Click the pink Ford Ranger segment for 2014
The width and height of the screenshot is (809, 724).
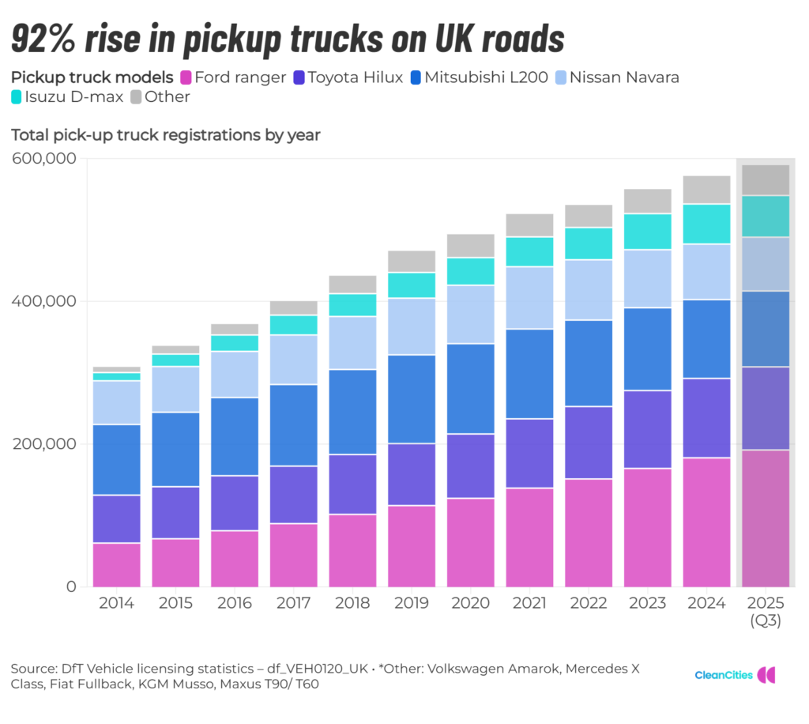(x=117, y=564)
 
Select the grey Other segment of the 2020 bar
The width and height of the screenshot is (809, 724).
(x=471, y=245)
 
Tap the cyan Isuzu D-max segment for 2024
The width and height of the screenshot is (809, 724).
(x=706, y=224)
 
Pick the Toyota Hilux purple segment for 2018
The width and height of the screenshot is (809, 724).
(x=352, y=484)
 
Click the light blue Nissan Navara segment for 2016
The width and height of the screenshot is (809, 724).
(x=235, y=374)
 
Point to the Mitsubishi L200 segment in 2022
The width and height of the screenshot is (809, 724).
(x=589, y=363)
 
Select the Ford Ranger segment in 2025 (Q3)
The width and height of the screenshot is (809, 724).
(x=766, y=518)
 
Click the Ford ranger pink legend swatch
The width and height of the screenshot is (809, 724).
(x=186, y=77)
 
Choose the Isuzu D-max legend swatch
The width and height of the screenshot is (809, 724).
(x=17, y=97)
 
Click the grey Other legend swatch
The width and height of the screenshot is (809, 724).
(x=135, y=97)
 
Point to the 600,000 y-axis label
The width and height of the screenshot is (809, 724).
(x=44, y=159)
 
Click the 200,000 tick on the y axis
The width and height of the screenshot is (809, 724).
(x=44, y=444)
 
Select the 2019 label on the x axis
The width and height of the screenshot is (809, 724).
(x=412, y=604)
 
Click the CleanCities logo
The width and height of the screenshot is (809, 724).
(x=735, y=675)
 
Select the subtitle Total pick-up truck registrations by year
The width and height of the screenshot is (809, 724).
(x=165, y=135)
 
